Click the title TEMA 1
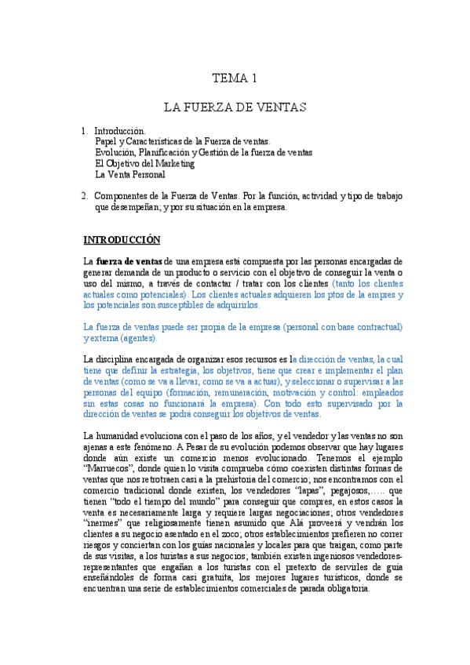click(235, 78)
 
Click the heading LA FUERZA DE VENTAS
click(235, 105)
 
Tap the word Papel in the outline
click(107, 141)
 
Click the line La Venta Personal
click(129, 175)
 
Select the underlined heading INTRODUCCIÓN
click(122, 238)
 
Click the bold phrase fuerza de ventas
click(129, 261)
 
